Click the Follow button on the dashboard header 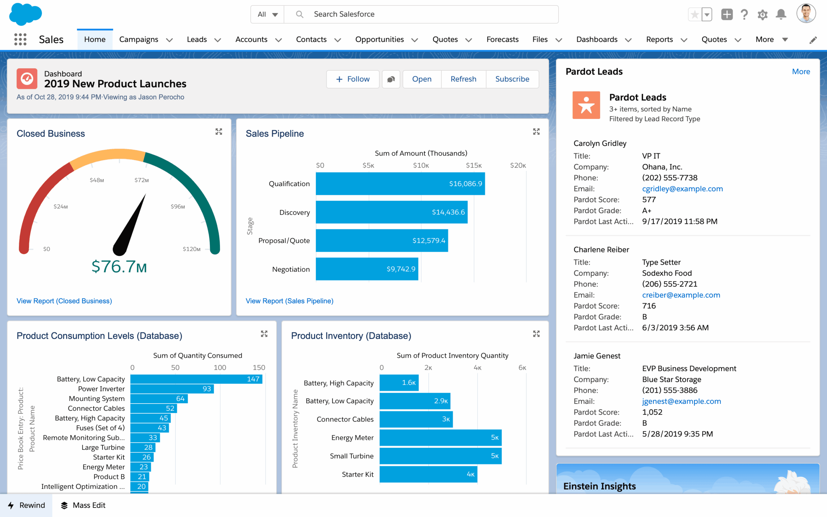tap(353, 79)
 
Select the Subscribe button tap(512, 79)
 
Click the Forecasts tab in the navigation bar tap(502, 39)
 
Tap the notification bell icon tap(781, 14)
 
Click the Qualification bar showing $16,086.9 tap(400, 184)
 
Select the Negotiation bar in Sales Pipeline tap(367, 269)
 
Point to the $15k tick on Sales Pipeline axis tap(474, 165)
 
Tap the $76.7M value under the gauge tap(119, 267)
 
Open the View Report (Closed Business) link tap(64, 301)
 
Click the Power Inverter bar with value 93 tap(172, 389)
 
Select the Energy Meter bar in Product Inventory tap(440, 438)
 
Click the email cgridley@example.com tap(682, 189)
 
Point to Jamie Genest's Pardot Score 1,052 tap(652, 412)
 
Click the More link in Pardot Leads tap(801, 71)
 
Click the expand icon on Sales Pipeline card tap(536, 132)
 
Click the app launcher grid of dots tap(20, 39)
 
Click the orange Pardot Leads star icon tap(586, 105)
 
